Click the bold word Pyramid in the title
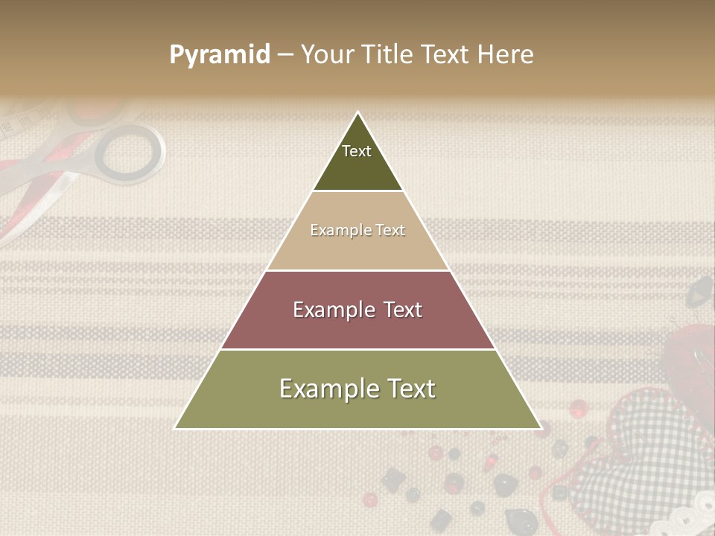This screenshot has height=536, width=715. (220, 54)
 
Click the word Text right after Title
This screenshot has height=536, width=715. (445, 54)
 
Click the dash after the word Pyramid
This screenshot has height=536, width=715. (285, 55)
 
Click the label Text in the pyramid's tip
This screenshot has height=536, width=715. (357, 151)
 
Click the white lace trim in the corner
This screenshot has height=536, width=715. (689, 517)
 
